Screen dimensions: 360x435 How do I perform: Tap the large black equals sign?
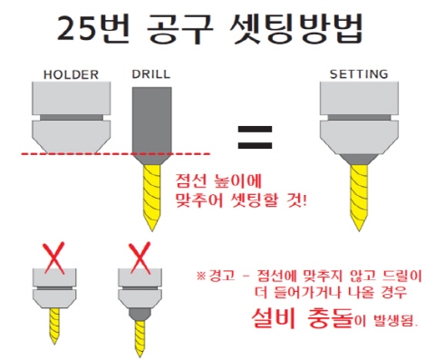point(255,137)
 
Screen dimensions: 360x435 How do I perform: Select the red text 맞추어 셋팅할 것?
point(239,193)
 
